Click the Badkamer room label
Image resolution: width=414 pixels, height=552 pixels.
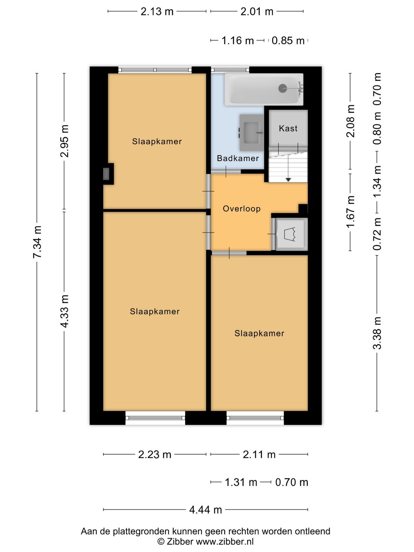coord(238,158)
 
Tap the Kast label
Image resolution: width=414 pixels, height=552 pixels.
coord(288,128)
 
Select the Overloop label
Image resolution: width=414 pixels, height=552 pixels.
coord(242,209)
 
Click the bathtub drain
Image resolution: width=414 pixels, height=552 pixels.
coord(283,88)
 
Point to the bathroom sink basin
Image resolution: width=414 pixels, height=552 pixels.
coord(251,133)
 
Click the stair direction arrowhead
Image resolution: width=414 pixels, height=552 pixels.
coord(288,180)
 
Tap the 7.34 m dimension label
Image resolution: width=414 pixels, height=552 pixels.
coord(37,242)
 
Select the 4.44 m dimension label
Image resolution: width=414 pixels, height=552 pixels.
coord(205,510)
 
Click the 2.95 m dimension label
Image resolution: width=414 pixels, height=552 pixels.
coord(64,141)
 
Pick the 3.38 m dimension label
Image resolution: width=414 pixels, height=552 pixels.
coord(377,333)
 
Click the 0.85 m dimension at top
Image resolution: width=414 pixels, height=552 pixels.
coord(288,41)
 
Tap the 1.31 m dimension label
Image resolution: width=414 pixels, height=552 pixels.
coord(241,482)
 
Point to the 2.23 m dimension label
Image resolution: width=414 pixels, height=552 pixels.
coord(154,454)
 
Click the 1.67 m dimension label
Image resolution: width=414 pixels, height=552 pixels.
coord(350,212)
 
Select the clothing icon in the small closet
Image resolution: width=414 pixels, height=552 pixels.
coord(289,234)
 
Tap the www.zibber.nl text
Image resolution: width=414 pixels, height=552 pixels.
coord(225,541)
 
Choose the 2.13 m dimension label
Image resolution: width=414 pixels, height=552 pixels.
coord(157,11)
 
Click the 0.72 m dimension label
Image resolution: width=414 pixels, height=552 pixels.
coord(377,234)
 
